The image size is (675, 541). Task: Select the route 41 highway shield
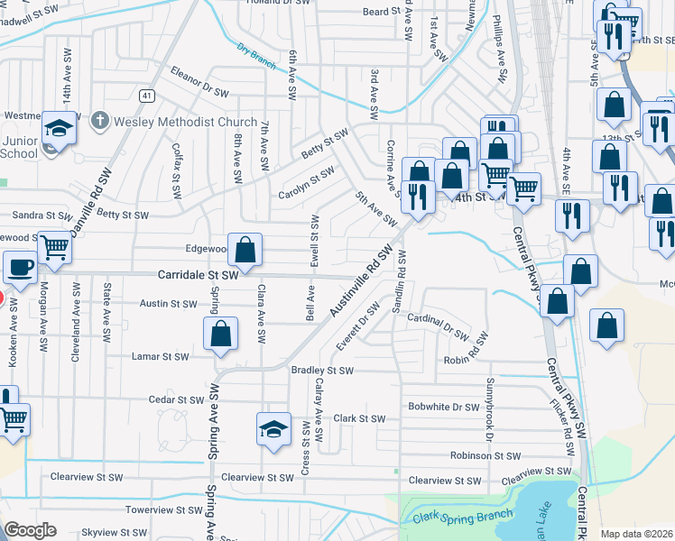[146, 95]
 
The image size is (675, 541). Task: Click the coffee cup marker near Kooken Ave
[20, 268]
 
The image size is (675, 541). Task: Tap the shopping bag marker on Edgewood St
[245, 250]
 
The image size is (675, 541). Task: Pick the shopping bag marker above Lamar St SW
[220, 335]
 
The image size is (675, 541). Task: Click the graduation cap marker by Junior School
[59, 130]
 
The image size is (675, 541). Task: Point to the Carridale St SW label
[198, 273]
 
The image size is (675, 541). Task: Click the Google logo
[30, 530]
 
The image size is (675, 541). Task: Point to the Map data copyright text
[637, 534]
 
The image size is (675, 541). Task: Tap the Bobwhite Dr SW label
[443, 407]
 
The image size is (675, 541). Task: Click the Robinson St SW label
[486, 456]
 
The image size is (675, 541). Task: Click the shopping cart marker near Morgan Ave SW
[55, 246]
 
